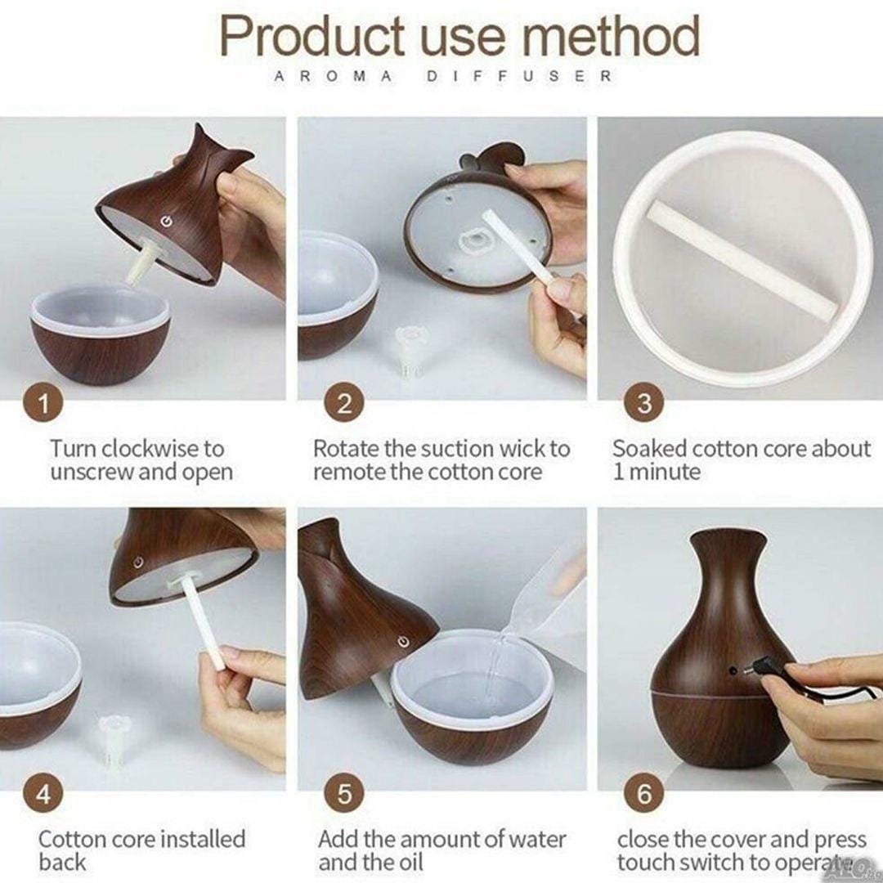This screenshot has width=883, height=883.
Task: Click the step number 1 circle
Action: (x=43, y=403)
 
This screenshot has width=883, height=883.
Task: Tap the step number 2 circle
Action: (x=344, y=403)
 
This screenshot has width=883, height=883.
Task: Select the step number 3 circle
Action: (x=644, y=403)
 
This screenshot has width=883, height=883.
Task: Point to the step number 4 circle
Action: (x=43, y=794)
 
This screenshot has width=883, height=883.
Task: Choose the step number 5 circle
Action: (x=344, y=794)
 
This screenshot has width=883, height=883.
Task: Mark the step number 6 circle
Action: (x=644, y=794)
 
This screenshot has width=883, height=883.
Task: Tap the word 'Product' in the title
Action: (x=312, y=36)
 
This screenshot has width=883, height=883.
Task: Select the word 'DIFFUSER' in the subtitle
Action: (x=519, y=76)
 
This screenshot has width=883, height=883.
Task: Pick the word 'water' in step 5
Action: (x=537, y=840)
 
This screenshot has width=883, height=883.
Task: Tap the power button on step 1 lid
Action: (x=165, y=222)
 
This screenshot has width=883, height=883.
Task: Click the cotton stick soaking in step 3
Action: (x=743, y=261)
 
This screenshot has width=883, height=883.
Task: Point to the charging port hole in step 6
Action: (x=733, y=670)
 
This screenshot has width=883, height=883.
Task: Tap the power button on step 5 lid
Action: (x=402, y=642)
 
